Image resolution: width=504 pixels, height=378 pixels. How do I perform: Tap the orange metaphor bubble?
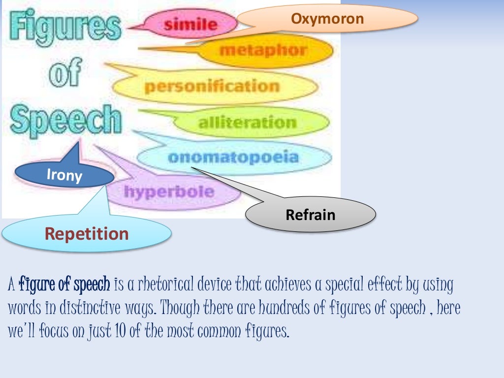point(263,50)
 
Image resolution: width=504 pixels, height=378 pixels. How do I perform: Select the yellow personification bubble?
point(212,87)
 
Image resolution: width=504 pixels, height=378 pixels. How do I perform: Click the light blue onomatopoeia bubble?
point(233,158)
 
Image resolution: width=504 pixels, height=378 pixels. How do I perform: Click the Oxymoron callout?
point(327,19)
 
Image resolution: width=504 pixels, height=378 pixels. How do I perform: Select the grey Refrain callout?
point(311,215)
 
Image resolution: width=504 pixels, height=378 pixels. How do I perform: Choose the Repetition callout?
point(87,233)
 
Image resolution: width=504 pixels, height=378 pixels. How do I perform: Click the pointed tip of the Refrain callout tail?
point(192,168)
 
